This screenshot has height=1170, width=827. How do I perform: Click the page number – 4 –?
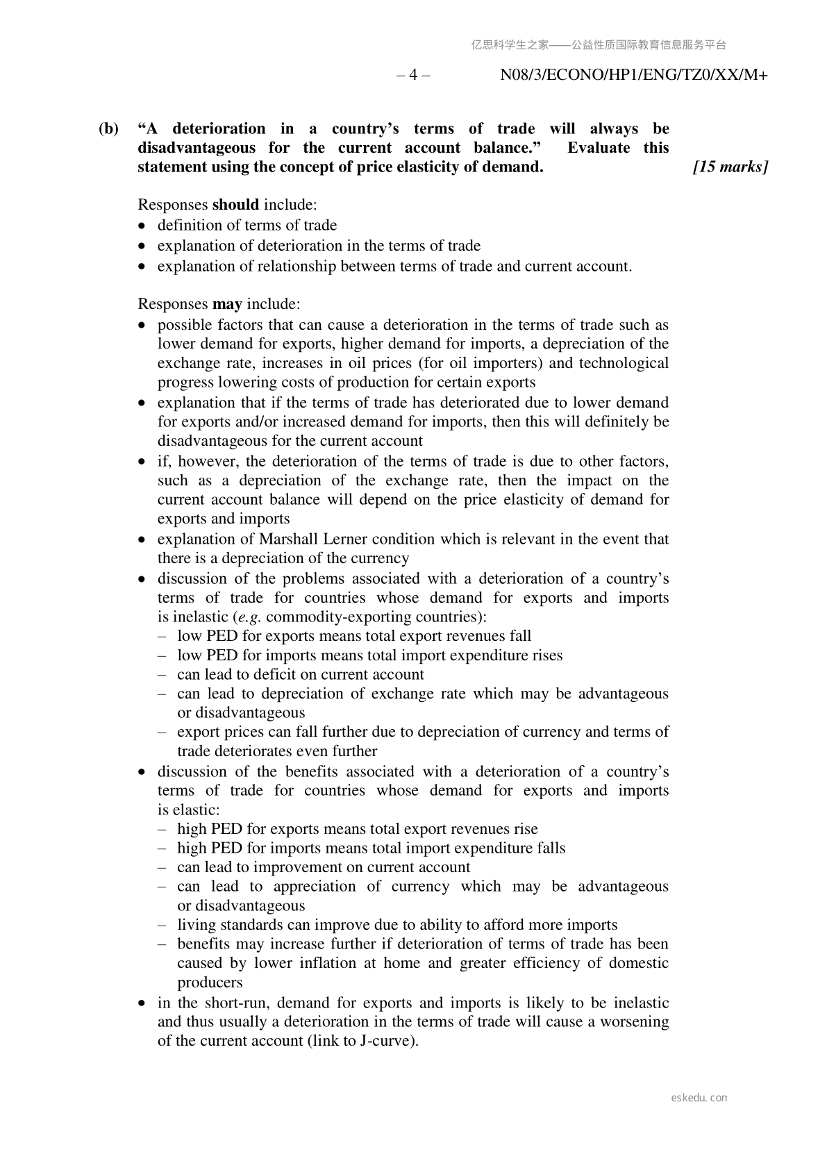(x=413, y=75)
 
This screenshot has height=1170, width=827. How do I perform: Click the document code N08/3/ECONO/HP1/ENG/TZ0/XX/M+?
(x=633, y=75)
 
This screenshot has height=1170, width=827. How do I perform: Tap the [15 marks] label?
(x=730, y=167)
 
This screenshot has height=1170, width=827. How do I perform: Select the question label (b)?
(x=108, y=128)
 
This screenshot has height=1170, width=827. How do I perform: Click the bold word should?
(x=235, y=205)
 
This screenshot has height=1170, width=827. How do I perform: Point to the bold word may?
(x=227, y=304)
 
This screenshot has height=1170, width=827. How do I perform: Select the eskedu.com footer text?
(x=699, y=1098)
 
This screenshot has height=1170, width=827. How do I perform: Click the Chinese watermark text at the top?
(x=598, y=45)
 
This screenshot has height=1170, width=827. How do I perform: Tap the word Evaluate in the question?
(x=599, y=148)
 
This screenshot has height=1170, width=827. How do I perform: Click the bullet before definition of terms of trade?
(x=142, y=226)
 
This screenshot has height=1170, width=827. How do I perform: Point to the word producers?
(x=210, y=983)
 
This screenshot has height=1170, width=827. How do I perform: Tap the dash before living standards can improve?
(x=162, y=925)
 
